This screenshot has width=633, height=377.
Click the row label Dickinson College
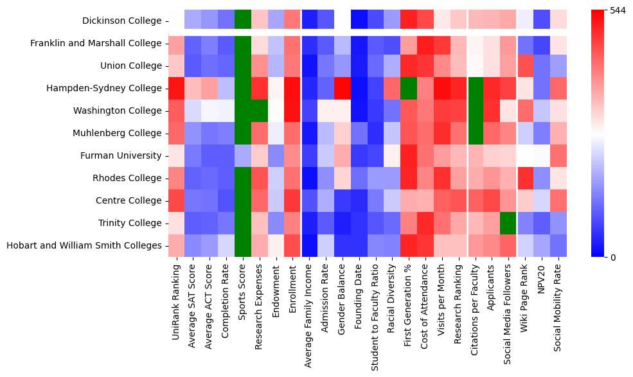point(121,21)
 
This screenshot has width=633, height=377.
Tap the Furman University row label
point(121,155)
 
